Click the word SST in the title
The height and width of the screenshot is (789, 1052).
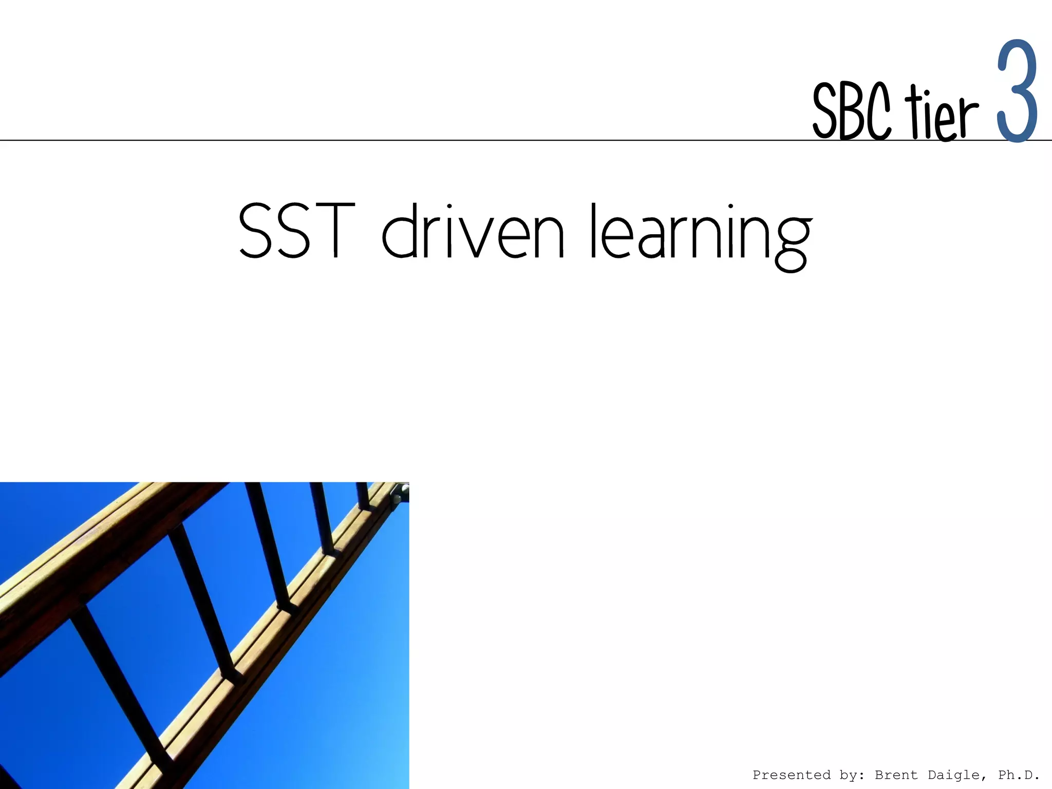pyautogui.click(x=297, y=231)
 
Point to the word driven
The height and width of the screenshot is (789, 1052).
pyautogui.click(x=473, y=231)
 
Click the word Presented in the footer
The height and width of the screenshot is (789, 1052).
pyautogui.click(x=791, y=775)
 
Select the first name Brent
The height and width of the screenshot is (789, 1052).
pyautogui.click(x=896, y=775)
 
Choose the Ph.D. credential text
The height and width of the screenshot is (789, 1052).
pyautogui.click(x=1019, y=775)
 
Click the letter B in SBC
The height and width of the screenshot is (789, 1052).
pyautogui.click(x=852, y=112)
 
